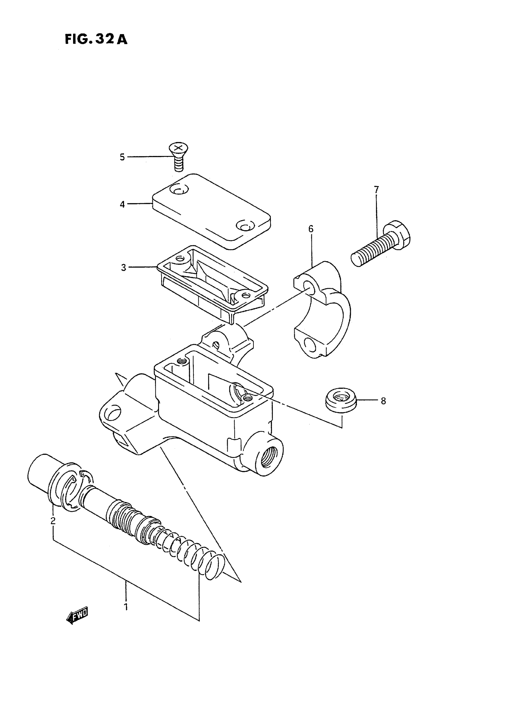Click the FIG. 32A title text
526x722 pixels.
click(x=96, y=39)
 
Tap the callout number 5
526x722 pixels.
click(x=122, y=157)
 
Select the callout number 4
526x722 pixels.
click(x=122, y=204)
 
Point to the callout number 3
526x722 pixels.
click(x=123, y=267)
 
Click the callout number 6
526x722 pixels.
click(x=311, y=229)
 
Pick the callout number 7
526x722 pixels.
click(x=376, y=190)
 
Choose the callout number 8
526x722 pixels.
click(x=383, y=401)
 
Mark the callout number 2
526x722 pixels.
click(x=53, y=521)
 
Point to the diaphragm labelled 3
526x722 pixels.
click(x=212, y=280)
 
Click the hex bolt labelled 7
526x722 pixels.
click(x=381, y=243)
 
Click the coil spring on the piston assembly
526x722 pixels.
click(x=191, y=551)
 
